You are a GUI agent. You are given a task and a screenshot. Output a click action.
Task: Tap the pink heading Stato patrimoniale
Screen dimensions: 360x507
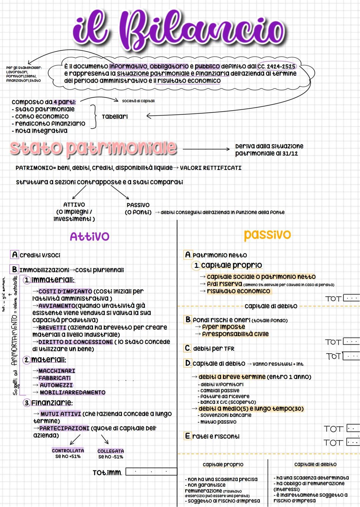click(x=93, y=148)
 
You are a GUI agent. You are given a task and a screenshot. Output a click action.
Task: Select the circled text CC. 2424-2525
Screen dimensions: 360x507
click(x=276, y=66)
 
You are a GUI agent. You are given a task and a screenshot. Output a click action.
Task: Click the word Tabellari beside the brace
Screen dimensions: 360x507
click(x=115, y=117)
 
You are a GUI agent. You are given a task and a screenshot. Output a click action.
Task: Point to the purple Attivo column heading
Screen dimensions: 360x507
click(x=89, y=236)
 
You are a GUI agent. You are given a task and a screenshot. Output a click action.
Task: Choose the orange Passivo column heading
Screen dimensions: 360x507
click(x=267, y=235)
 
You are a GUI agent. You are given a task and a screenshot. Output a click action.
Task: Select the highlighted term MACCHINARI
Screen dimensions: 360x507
click(x=57, y=371)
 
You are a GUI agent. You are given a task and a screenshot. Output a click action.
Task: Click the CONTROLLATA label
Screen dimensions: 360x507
click(x=68, y=450)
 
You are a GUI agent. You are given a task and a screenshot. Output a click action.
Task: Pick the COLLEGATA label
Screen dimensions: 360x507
click(x=111, y=451)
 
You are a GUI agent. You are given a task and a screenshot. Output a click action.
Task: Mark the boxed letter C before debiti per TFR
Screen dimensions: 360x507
click(x=188, y=348)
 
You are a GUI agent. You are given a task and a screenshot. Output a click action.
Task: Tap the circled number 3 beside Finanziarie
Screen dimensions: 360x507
click(x=27, y=403)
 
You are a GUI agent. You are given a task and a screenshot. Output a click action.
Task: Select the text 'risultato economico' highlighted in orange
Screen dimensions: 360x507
click(x=238, y=291)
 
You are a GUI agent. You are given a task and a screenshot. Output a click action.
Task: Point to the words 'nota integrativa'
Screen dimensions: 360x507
click(x=41, y=131)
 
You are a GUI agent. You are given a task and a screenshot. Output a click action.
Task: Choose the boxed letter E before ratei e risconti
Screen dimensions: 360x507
click(x=188, y=436)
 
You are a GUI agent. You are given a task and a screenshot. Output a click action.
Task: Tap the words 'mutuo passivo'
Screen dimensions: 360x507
click(x=218, y=422)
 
